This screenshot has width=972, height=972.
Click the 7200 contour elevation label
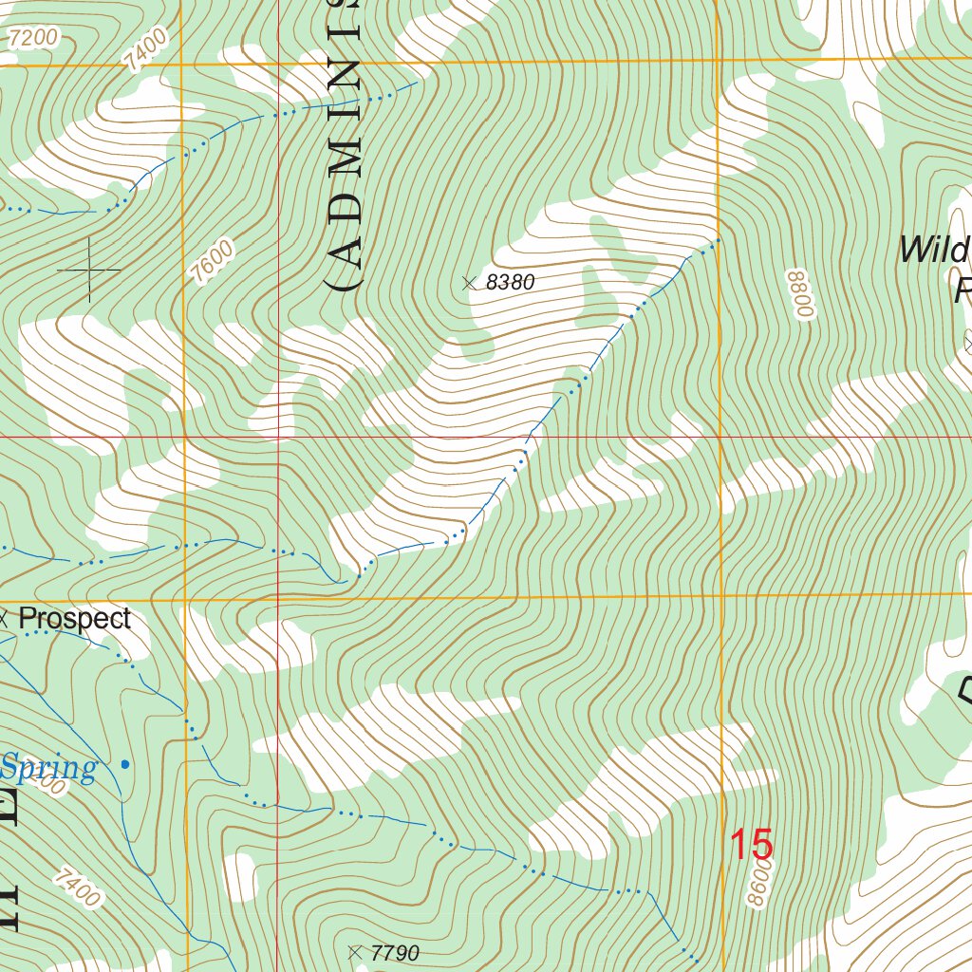click(32, 39)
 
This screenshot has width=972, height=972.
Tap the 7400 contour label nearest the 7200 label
click(144, 48)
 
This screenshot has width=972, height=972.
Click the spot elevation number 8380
click(511, 282)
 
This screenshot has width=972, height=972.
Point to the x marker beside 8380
click(467, 282)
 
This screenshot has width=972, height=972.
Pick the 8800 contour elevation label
click(800, 294)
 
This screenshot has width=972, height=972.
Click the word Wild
click(934, 251)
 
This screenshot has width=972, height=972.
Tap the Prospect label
click(75, 618)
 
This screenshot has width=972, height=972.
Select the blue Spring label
click(48, 767)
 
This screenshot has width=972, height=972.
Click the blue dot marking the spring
click(125, 763)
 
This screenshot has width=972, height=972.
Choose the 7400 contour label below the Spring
click(77, 888)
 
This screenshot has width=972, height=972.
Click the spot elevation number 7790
click(395, 953)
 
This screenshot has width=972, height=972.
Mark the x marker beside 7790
click(355, 952)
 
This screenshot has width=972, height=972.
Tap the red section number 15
click(751, 845)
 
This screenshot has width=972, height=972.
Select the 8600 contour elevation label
click(759, 884)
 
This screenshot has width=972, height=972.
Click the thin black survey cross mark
click(89, 271)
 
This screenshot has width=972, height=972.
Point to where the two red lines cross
click(277, 438)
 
